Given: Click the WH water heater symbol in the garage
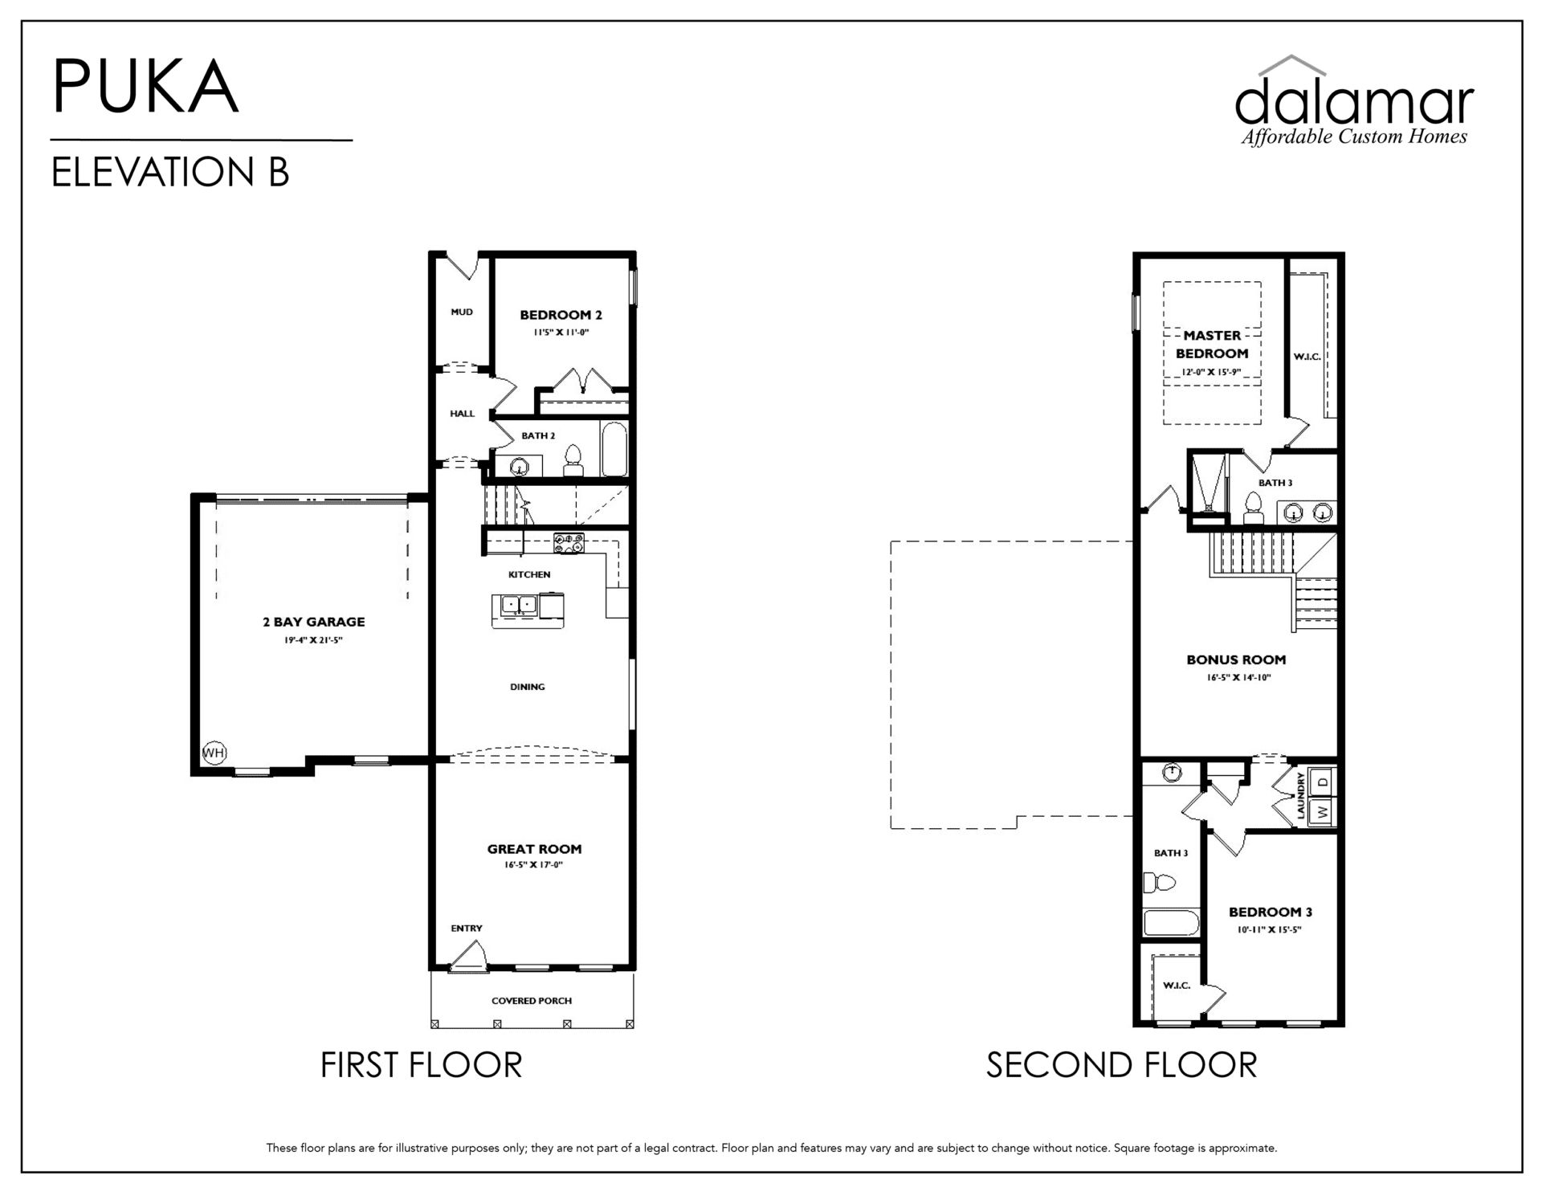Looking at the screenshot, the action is pos(214,753).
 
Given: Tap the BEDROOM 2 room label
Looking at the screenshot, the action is pos(561,315).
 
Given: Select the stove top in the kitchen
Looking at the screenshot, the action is pos(569,543).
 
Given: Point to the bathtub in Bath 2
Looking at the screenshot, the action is pos(614,449).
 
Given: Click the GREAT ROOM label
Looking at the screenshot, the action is pos(534,849).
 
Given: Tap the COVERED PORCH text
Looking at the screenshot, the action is pos(532,1001).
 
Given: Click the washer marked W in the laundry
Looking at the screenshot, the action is pos(1321,811).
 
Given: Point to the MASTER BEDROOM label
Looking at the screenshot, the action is pos(1212,345).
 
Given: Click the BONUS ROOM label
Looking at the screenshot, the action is pos(1236,660).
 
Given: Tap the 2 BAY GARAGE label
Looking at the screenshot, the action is pos(313,622).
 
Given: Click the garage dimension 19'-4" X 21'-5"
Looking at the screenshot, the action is pos(313,640).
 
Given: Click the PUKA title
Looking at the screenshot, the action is pos(145,86).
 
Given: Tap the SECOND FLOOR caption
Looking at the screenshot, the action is pos(1121,1065).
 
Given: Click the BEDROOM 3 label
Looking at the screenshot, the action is pos(1271,912).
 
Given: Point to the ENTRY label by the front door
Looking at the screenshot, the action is pos(467,928).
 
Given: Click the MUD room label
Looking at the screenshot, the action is pos(462,312).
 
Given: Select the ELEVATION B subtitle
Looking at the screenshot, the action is pos(170,172).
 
